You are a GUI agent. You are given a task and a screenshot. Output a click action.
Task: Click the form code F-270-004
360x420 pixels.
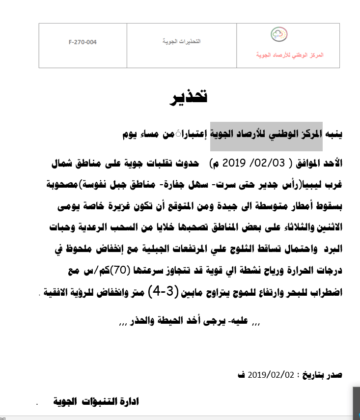(x=83, y=42)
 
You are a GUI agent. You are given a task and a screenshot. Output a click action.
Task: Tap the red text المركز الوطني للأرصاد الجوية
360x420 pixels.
(x=289, y=56)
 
